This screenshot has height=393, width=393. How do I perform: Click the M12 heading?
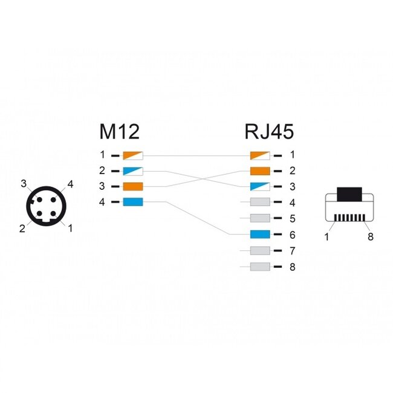[x=119, y=132]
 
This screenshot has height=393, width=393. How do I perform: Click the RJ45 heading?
[x=270, y=132]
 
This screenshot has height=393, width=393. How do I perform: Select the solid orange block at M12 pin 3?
[x=132, y=186]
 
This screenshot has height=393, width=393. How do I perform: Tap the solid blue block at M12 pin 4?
[x=132, y=202]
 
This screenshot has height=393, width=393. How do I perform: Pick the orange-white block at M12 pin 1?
[x=132, y=155]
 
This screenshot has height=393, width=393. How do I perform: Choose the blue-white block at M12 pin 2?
[x=132, y=171]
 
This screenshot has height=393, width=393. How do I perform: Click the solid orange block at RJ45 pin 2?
[x=259, y=171]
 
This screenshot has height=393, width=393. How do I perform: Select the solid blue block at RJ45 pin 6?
[x=259, y=234]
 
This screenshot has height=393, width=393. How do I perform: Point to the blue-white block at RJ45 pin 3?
[x=259, y=187]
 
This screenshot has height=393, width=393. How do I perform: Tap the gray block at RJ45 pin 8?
[x=259, y=266]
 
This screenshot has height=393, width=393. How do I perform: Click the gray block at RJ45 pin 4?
[x=259, y=203]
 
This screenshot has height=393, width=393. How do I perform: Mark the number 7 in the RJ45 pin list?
[x=291, y=250]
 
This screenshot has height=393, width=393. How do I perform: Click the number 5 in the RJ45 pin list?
[x=291, y=218]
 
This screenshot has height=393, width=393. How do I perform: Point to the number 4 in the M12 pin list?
[x=102, y=202]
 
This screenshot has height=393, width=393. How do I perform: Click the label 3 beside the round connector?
[x=24, y=184]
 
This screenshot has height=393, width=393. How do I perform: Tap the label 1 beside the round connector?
[x=71, y=228]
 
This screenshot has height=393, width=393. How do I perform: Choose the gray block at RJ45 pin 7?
[x=259, y=250]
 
